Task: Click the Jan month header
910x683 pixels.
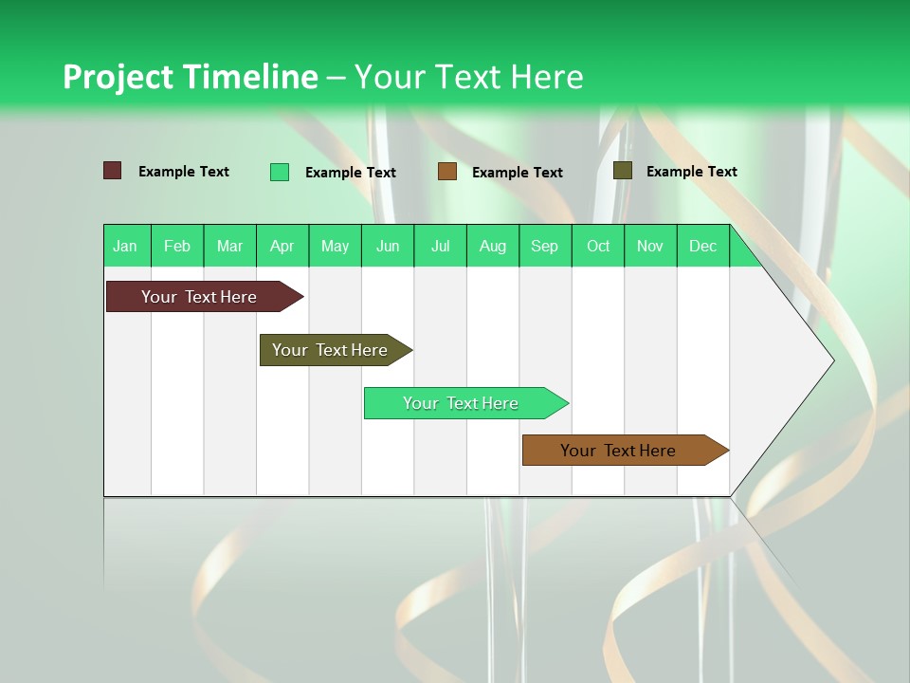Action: (125, 246)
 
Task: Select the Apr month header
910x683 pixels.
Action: (282, 246)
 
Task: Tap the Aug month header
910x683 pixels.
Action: (492, 246)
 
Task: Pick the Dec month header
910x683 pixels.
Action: (702, 246)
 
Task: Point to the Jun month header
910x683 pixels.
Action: (387, 246)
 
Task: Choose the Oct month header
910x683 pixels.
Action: (597, 246)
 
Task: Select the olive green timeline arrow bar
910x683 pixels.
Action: (332, 350)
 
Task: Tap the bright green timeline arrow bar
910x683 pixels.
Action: (463, 403)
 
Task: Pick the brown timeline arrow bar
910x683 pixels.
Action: (621, 451)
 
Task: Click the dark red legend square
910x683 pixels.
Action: (113, 171)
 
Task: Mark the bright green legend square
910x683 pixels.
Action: (280, 172)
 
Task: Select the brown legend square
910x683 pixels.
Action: (447, 171)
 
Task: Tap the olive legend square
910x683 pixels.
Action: (623, 171)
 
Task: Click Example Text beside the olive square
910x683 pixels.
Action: (691, 171)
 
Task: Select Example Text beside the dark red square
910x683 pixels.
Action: (183, 171)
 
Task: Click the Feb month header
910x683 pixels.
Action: (177, 246)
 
